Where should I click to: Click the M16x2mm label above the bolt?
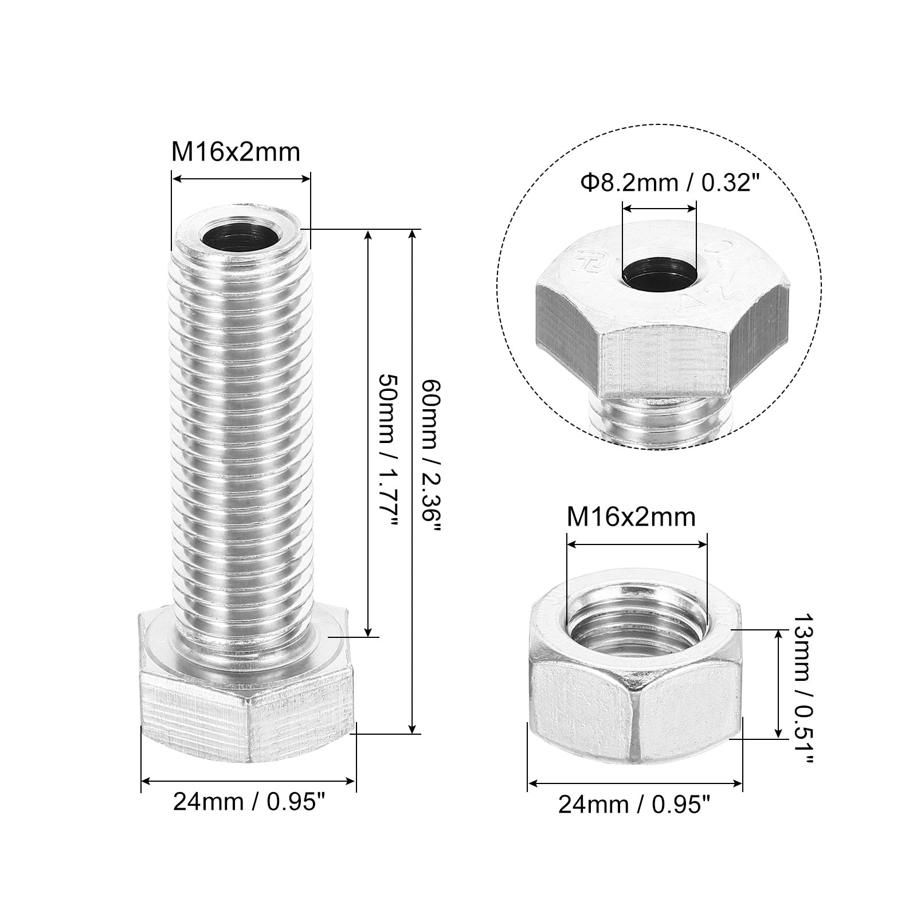tap(236, 152)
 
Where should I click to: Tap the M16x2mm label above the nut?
tap(631, 517)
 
